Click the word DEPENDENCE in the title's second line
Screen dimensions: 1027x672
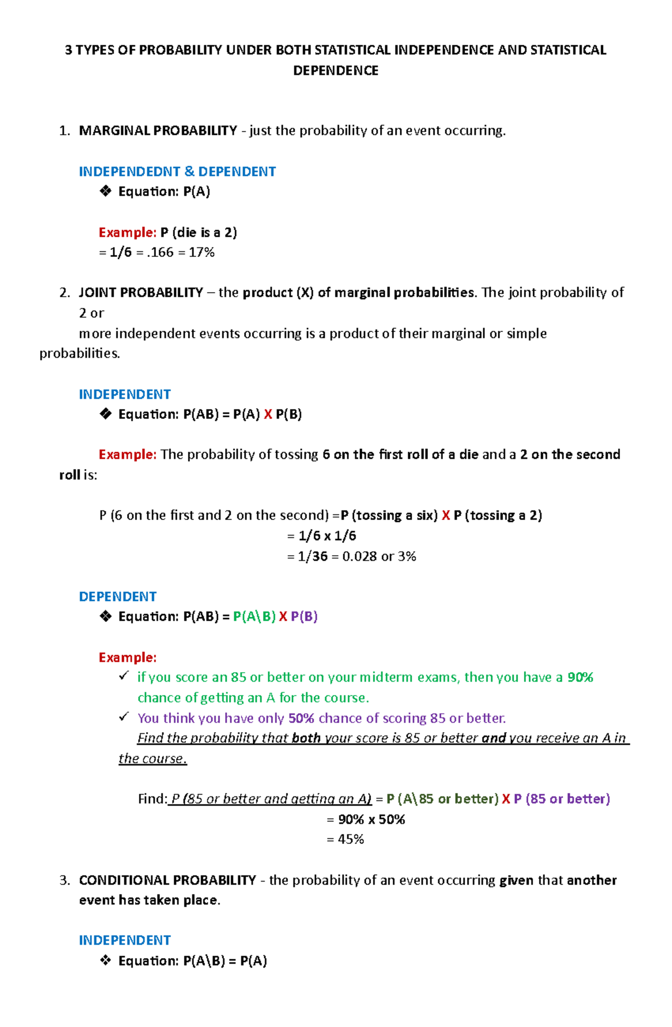click(x=335, y=71)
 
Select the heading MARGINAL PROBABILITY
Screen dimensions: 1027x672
click(x=158, y=130)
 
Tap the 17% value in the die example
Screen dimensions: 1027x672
click(x=202, y=252)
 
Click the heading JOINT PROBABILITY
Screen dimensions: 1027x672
click(x=141, y=293)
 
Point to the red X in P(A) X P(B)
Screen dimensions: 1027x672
click(x=268, y=414)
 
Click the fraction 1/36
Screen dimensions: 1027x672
click(x=312, y=556)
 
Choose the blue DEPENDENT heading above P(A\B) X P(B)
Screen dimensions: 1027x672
click(x=118, y=597)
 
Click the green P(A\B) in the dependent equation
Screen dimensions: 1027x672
click(x=254, y=617)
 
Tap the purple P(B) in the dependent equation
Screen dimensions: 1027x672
click(x=304, y=617)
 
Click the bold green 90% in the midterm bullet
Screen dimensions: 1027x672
click(x=580, y=677)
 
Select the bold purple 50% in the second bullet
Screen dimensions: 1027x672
click(x=301, y=718)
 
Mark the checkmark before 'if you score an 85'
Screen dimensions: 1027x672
click(x=124, y=676)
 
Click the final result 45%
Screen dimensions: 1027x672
click(x=351, y=840)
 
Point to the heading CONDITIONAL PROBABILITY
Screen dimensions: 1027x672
click(x=167, y=880)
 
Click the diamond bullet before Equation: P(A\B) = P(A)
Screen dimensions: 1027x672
click(x=105, y=961)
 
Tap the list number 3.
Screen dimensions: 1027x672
click(x=64, y=880)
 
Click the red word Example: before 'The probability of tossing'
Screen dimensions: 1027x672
click(x=127, y=454)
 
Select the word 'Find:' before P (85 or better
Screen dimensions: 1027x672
click(x=152, y=799)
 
